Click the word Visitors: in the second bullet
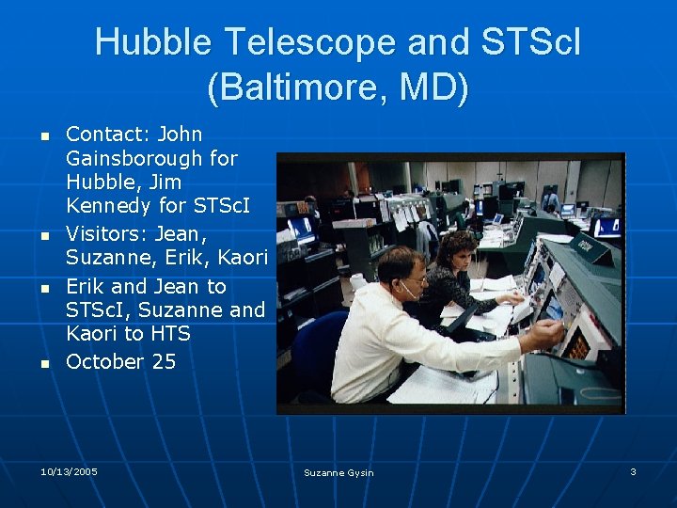click(104, 233)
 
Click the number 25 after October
click(163, 361)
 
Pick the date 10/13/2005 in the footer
click(69, 471)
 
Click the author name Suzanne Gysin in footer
click(338, 472)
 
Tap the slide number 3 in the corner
click(633, 471)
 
